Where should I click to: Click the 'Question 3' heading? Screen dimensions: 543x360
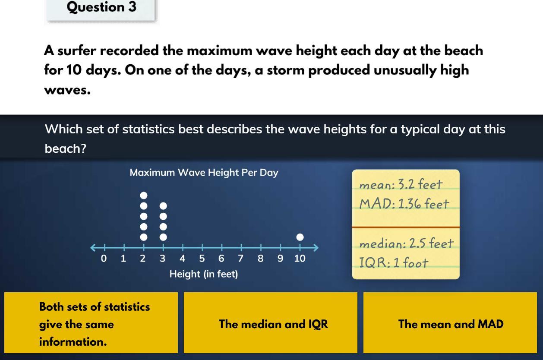[x=101, y=7]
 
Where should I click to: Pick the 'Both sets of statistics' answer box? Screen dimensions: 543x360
[x=91, y=323]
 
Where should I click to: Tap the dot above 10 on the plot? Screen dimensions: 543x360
[x=300, y=237]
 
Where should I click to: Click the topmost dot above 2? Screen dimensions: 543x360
[x=144, y=195]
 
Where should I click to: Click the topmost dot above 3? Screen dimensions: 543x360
[x=164, y=206]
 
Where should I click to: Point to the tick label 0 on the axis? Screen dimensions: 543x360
[x=104, y=259]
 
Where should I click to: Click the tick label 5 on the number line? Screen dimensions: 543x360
[x=202, y=259]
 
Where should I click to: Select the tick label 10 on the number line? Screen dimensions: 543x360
[x=300, y=259]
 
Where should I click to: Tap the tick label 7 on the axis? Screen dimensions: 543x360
[x=240, y=259]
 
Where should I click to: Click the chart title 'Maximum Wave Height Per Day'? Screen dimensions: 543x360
[x=204, y=173]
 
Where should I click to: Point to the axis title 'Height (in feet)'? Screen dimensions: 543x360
[x=204, y=274]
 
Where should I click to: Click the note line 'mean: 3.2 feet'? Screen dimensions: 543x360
[x=401, y=184]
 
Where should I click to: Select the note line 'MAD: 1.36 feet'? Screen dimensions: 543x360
[x=404, y=203]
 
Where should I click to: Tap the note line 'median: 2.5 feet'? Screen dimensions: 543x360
[x=406, y=243]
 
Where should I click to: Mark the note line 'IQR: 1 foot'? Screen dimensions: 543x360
[x=394, y=262]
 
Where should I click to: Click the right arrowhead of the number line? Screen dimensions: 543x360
[x=316, y=247]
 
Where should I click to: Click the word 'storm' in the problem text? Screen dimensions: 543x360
[x=286, y=70]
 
